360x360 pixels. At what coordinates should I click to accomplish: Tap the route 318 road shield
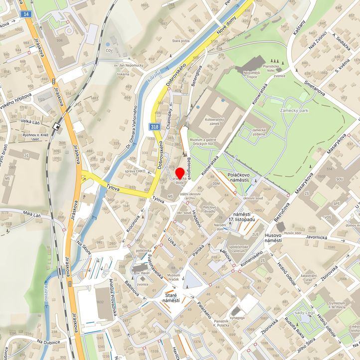click(154, 128)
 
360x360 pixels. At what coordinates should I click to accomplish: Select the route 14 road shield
click(26, 14)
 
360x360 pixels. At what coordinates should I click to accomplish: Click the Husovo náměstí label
click(273, 237)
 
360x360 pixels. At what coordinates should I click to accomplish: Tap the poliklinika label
click(143, 250)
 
